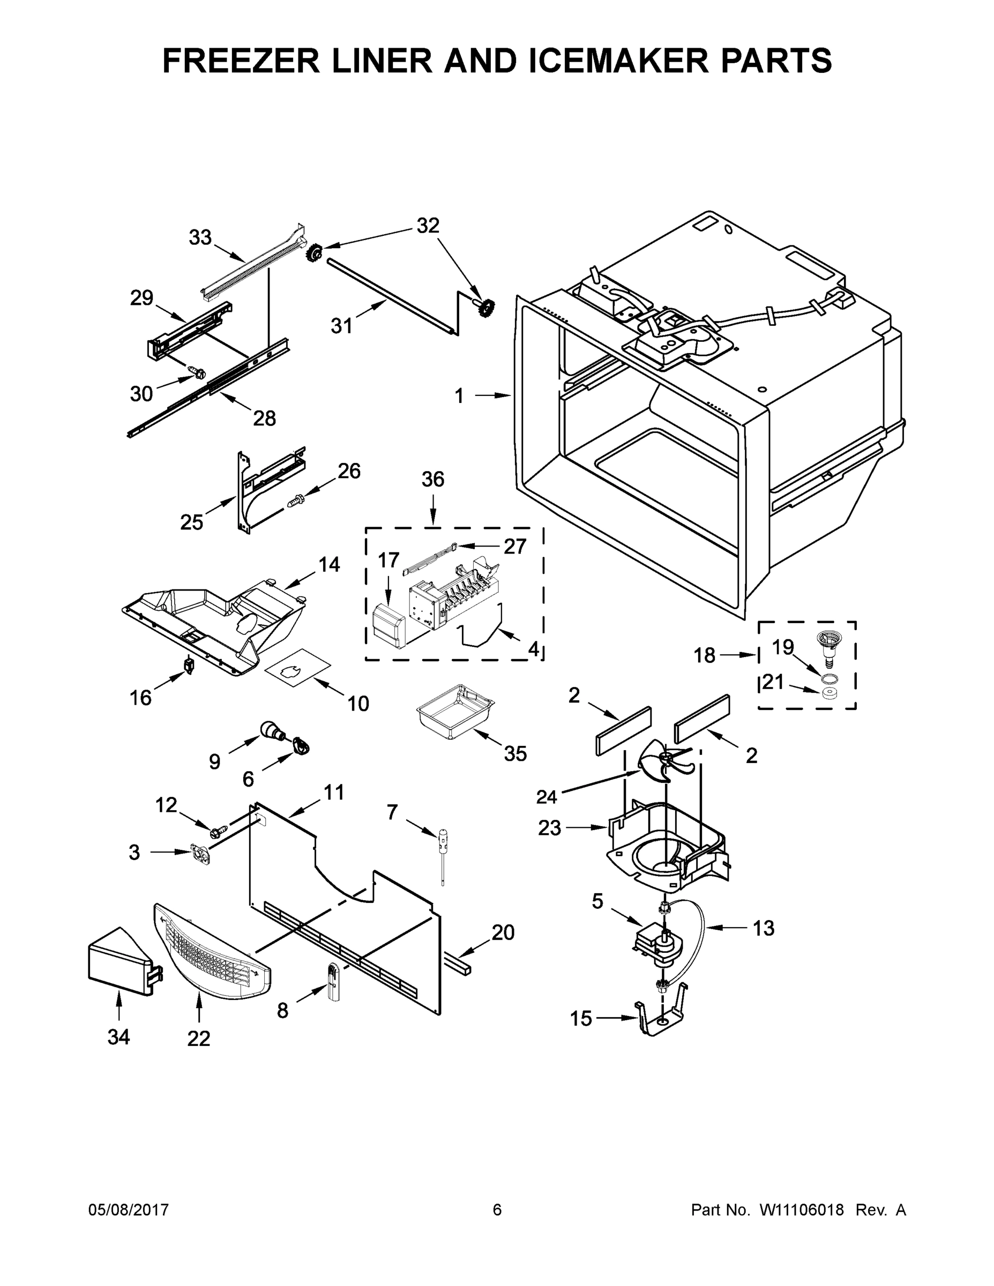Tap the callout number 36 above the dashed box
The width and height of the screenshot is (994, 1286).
[x=433, y=480]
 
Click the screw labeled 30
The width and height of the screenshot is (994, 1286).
[x=197, y=371]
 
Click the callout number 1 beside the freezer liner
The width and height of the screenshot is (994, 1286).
[x=460, y=395]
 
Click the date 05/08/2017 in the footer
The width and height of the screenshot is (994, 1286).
[x=129, y=1210]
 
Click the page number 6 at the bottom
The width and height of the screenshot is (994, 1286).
[x=497, y=1210]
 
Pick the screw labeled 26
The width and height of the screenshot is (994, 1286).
[x=294, y=501]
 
